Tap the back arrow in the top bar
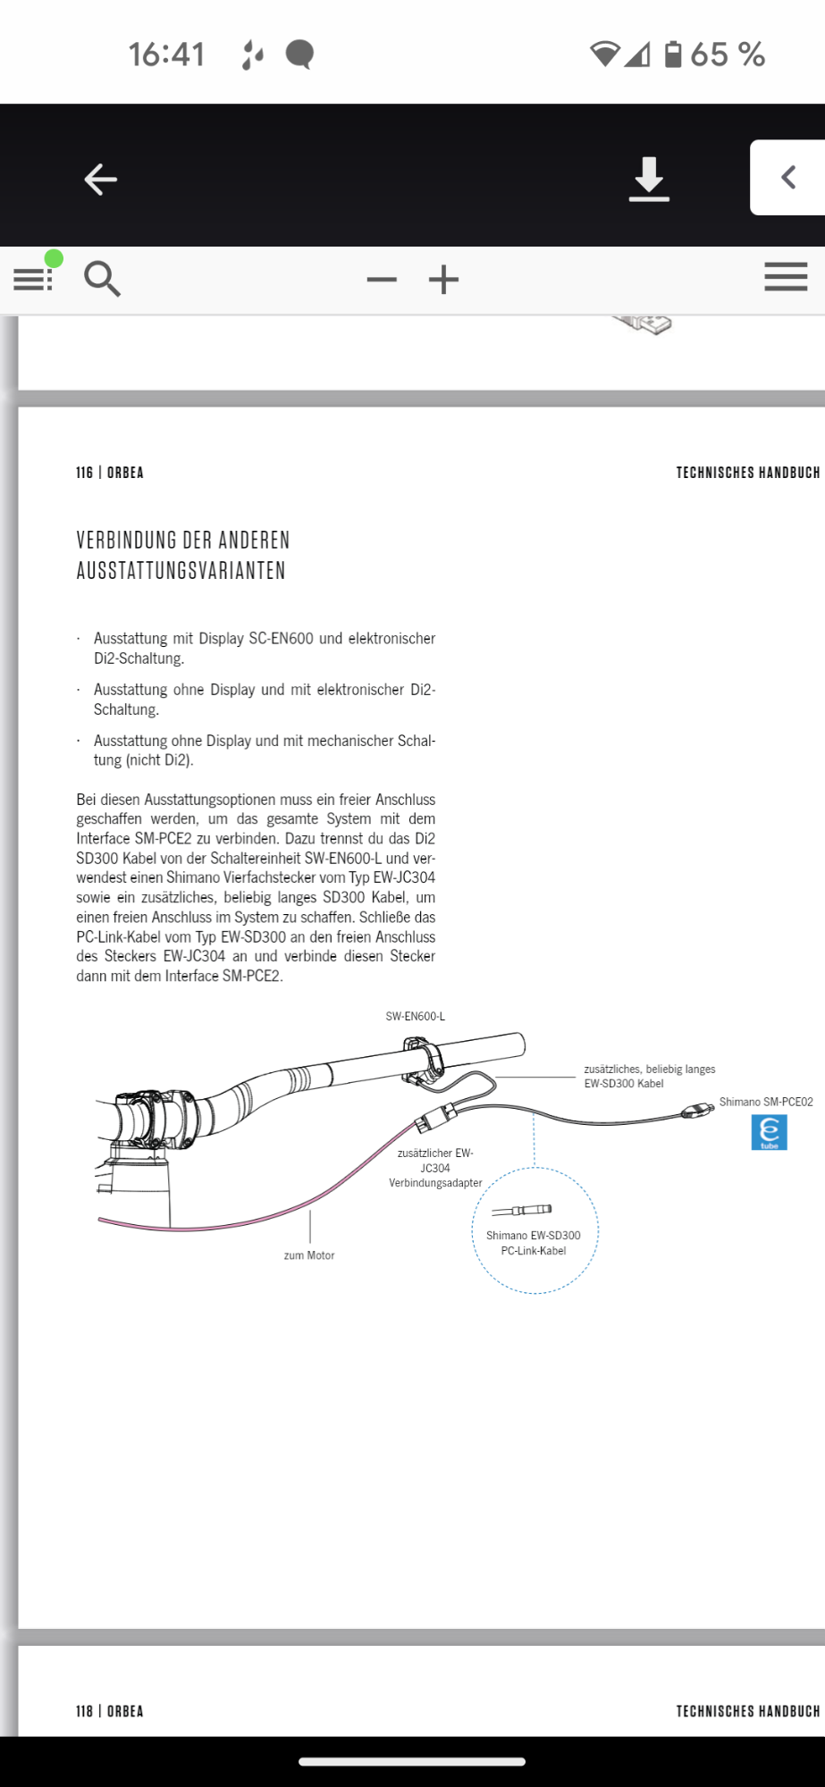coord(100,180)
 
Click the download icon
coord(649,179)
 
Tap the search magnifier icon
coord(102,279)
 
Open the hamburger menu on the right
coord(786,278)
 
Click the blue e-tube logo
coord(769,1133)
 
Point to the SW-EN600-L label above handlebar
coord(415,1017)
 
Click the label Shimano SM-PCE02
coord(766,1103)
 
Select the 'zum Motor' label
coord(309,1255)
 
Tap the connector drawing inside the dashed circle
coord(522,1210)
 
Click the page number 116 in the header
coord(84,473)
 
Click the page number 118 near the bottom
coord(84,1711)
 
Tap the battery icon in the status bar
coord(673,55)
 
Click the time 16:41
coord(167,55)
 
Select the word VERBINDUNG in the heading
coord(126,541)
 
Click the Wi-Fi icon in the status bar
coord(604,55)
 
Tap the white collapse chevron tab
coord(787,177)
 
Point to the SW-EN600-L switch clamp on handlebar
coord(424,1060)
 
